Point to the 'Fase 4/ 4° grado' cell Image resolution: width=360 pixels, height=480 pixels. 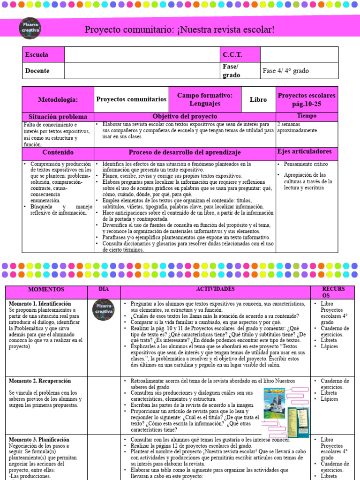click(286, 71)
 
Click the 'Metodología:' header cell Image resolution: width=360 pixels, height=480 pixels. click(58, 100)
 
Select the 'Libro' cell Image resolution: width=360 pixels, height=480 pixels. click(258, 100)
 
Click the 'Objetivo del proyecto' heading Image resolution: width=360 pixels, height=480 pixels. click(185, 116)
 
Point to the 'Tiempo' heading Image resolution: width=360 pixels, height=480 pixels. click(307, 116)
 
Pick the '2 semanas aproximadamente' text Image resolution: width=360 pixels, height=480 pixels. click(297, 127)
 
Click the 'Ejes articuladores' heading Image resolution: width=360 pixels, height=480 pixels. click(305, 151)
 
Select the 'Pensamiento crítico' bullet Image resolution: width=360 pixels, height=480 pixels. click(306, 165)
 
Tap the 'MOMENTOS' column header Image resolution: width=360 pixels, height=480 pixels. click(46, 290)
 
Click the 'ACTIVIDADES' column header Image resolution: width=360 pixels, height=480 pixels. click(215, 290)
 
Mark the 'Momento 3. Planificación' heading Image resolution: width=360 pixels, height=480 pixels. click(39, 440)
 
